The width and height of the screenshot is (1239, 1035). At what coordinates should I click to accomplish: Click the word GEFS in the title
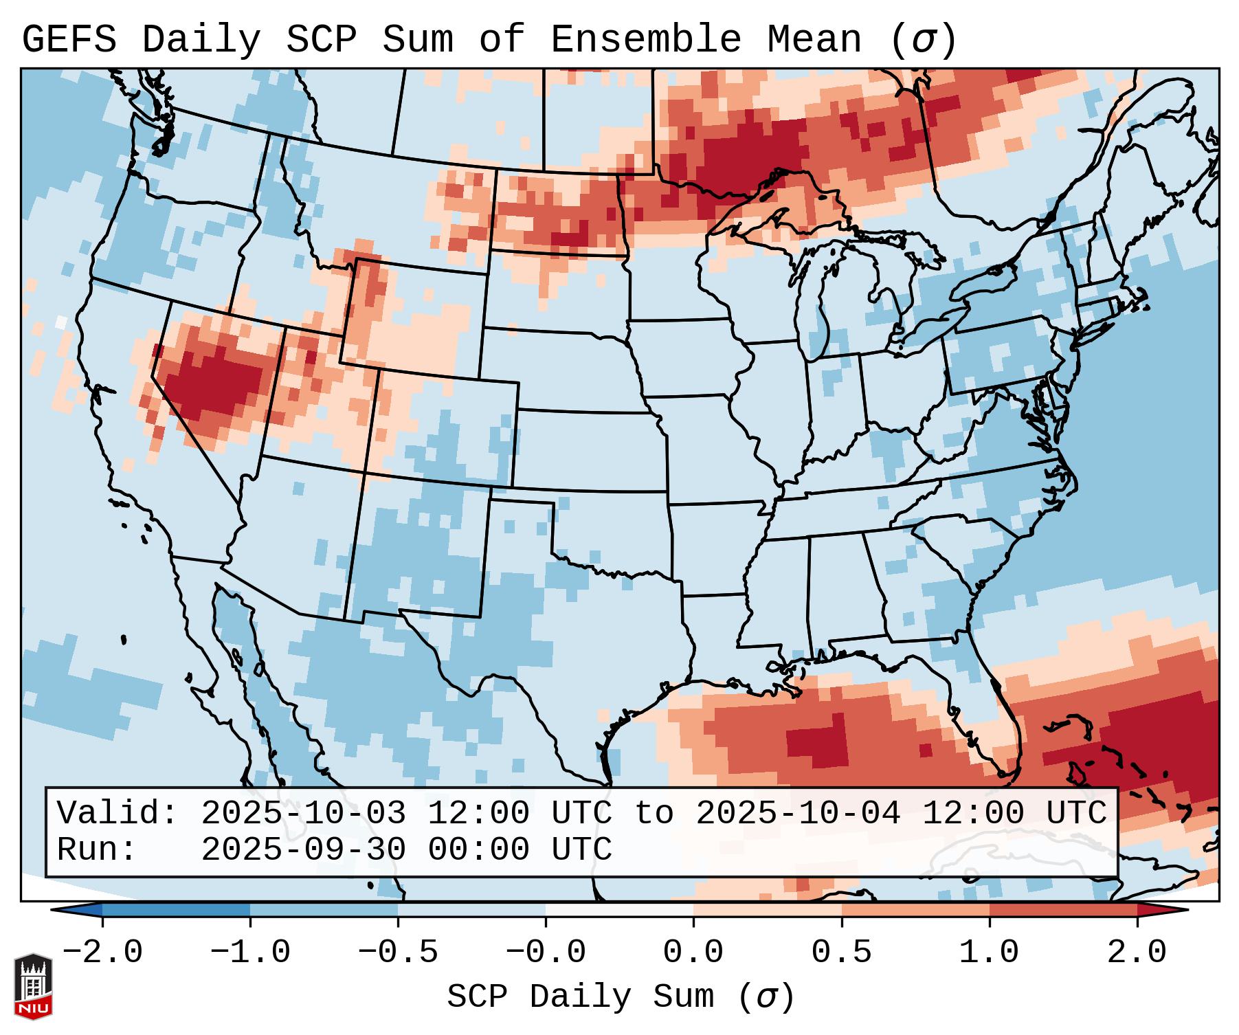click(69, 40)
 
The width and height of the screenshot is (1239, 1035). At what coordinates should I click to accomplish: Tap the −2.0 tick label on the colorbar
click(102, 953)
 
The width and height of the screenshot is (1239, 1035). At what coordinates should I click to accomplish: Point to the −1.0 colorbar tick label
click(250, 953)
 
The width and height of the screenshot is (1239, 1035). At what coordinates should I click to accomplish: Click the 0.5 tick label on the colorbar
click(841, 953)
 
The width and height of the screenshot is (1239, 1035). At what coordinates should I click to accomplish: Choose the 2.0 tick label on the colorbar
click(1137, 953)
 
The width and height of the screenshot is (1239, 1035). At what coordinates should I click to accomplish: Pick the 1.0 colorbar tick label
click(989, 953)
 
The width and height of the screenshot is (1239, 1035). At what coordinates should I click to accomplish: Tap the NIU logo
click(33, 986)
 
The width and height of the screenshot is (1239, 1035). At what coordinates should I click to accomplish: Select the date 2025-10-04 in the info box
click(798, 813)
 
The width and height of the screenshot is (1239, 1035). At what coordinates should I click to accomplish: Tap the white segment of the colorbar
click(619, 910)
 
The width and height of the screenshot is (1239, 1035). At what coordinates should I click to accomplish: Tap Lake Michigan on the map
click(814, 302)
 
